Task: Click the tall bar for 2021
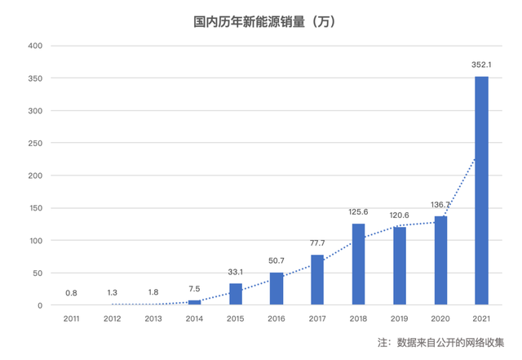tap(481, 190)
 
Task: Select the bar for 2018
tap(358, 264)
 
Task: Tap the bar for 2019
tap(400, 266)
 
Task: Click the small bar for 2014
tap(194, 303)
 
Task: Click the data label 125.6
tap(358, 211)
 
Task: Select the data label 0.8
tap(72, 293)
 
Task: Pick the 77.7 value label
tap(317, 242)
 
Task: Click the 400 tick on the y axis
tap(35, 46)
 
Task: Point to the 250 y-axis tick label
tap(35, 143)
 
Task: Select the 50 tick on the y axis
tap(38, 273)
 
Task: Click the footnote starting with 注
tap(440, 341)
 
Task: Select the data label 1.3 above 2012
tap(113, 292)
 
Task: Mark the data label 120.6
tap(400, 215)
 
